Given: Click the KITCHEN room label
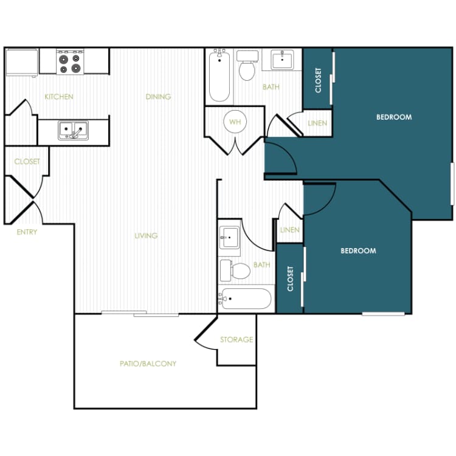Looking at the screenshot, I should pyautogui.click(x=59, y=97).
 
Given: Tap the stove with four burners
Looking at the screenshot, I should pyautogui.click(x=69, y=61).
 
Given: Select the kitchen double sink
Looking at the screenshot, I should pyautogui.click(x=73, y=130).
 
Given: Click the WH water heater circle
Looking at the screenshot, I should pyautogui.click(x=235, y=122).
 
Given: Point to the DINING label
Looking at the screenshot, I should pyautogui.click(x=158, y=97).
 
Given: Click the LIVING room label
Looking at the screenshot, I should pyautogui.click(x=146, y=235).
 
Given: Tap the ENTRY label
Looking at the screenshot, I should pyautogui.click(x=27, y=232).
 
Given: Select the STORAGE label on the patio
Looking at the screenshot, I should pyautogui.click(x=237, y=339).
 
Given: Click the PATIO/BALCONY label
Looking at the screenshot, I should pyautogui.click(x=148, y=364).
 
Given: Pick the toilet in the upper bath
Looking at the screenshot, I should pyautogui.click(x=247, y=67).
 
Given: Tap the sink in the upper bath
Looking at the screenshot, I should pyautogui.click(x=282, y=60).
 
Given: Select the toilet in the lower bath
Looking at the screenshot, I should pyautogui.click(x=237, y=269).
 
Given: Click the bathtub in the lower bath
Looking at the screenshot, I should pyautogui.click(x=246, y=299).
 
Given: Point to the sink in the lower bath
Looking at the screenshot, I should pyautogui.click(x=229, y=237).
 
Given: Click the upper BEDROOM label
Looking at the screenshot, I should pyautogui.click(x=393, y=117).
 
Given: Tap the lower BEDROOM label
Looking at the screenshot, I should pyautogui.click(x=358, y=250).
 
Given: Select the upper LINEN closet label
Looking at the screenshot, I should pyautogui.click(x=317, y=123).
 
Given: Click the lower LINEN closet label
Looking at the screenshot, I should pyautogui.click(x=290, y=230).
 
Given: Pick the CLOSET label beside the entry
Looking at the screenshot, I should pyautogui.click(x=27, y=162).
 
